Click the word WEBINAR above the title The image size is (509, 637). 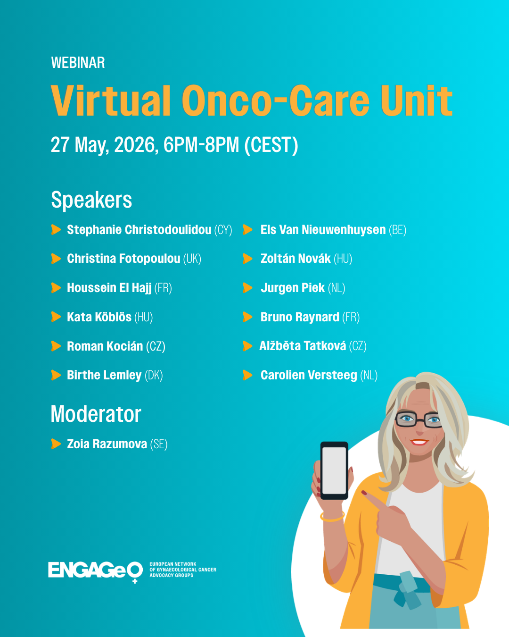(78, 63)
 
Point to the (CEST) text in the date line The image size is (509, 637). (271, 145)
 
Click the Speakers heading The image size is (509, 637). (91, 200)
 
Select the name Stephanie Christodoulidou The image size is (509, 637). (139, 230)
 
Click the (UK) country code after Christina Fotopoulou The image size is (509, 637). (192, 259)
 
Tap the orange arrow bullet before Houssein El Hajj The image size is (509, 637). (56, 288)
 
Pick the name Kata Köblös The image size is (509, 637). (99, 317)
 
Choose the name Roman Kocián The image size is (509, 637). (105, 346)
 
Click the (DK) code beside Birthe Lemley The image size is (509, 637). (154, 376)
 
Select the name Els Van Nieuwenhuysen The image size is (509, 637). (323, 230)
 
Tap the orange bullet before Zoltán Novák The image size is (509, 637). (247, 259)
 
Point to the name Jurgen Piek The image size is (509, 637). (293, 288)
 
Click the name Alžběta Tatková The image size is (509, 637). (303, 346)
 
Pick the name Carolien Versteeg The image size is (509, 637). (309, 375)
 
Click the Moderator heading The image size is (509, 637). (96, 414)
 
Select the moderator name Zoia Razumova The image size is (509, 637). (107, 444)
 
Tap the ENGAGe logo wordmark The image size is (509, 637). (95, 570)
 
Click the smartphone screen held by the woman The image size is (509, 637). (334, 470)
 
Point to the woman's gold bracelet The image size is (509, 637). (332, 517)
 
